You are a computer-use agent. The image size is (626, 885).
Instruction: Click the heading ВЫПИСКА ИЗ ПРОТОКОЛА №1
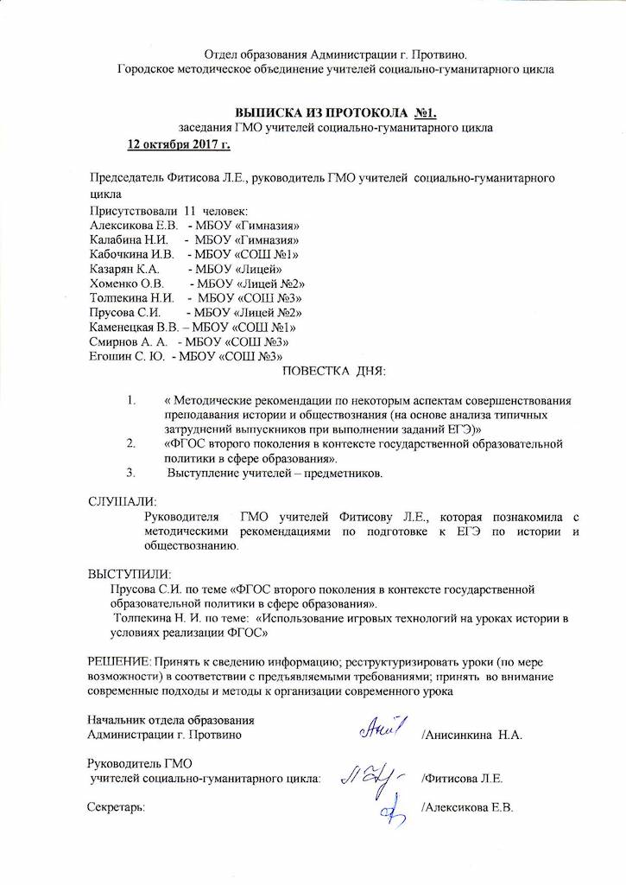(x=338, y=113)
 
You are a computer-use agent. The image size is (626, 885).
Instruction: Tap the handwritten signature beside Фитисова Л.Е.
(x=373, y=775)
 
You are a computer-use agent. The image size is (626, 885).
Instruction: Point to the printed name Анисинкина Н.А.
(x=472, y=735)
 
